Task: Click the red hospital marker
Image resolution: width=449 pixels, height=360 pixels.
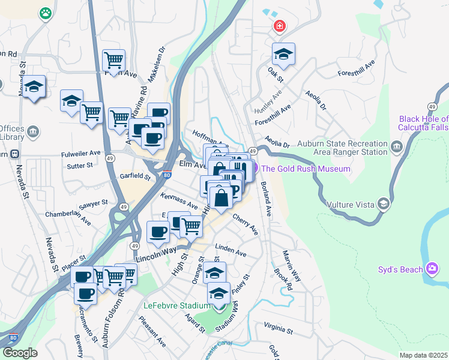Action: pyautogui.click(x=279, y=26)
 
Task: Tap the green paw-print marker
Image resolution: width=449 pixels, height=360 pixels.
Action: pyautogui.click(x=46, y=13)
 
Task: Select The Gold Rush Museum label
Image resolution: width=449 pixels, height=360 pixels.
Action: pyautogui.click(x=306, y=169)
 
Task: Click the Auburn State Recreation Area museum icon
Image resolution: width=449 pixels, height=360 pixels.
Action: pyautogui.click(x=396, y=147)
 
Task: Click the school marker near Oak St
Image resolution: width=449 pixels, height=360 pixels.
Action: pyautogui.click(x=283, y=55)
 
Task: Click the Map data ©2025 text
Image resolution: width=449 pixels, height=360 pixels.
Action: pyautogui.click(x=423, y=355)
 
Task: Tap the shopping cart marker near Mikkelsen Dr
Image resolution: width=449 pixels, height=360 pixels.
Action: pyautogui.click(x=113, y=59)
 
